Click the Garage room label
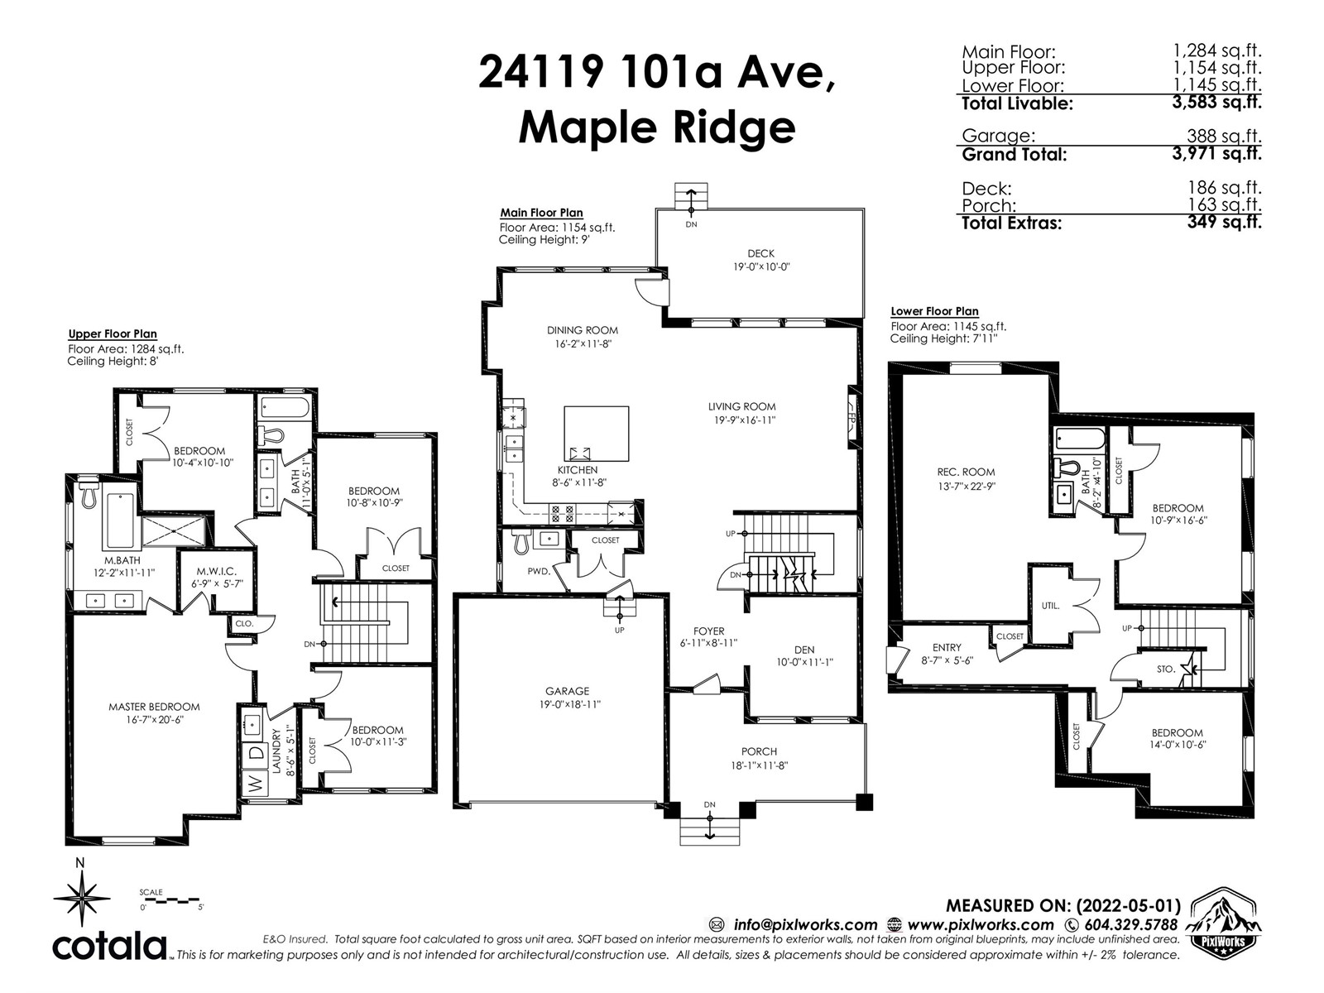point(566,691)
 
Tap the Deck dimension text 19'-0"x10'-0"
point(761,267)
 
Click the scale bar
point(172,901)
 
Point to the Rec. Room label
point(966,472)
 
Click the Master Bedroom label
point(154,707)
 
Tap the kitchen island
point(596,434)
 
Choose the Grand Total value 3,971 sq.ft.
point(1216,154)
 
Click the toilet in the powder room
point(520,541)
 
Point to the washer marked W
point(255,784)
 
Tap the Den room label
point(804,650)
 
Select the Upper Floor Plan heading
point(113,334)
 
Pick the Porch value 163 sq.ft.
point(1225,205)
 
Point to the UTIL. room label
point(1050,606)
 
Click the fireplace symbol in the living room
point(851,417)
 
